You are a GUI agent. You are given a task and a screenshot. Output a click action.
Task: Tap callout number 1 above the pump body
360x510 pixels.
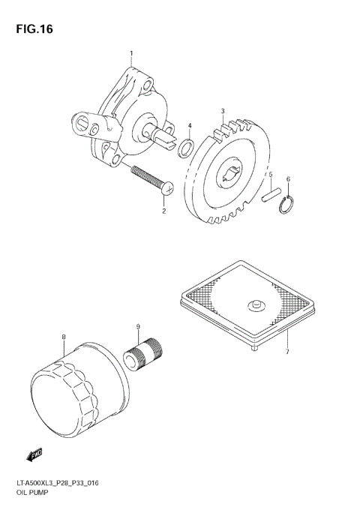click(x=131, y=54)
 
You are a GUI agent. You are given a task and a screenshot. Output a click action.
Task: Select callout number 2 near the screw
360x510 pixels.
click(x=163, y=211)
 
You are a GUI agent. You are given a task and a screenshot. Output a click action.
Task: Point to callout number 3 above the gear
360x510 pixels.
click(x=223, y=111)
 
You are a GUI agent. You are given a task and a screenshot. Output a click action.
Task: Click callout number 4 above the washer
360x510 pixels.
click(x=190, y=125)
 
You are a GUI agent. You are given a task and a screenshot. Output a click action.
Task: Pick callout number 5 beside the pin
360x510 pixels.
click(x=270, y=174)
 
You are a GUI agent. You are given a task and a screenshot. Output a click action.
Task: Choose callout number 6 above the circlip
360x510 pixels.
click(x=287, y=179)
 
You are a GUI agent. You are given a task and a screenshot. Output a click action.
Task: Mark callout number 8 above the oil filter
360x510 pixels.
click(x=64, y=337)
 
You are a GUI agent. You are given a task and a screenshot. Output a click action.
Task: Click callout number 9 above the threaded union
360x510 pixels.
click(x=138, y=326)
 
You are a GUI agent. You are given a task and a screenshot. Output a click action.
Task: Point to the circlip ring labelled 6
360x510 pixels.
click(x=285, y=204)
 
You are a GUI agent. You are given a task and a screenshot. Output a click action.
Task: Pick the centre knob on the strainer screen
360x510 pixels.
click(x=255, y=304)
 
